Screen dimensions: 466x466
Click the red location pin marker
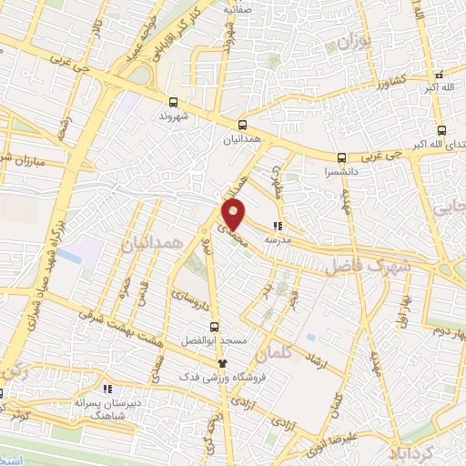pos(234,215)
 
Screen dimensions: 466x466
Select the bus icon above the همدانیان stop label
pos(242,125)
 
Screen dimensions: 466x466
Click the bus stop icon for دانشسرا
pos(342,157)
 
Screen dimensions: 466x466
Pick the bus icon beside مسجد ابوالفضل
pos(215,326)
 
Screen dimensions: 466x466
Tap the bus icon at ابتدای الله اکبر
pos(441,129)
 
